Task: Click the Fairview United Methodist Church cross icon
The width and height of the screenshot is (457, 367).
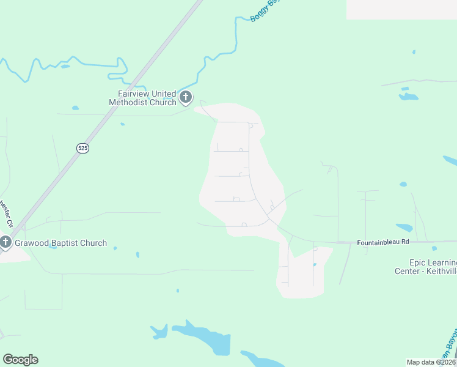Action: tap(186, 97)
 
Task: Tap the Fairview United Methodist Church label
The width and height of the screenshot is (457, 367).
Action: tap(143, 98)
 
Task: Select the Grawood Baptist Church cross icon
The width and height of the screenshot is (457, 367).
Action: tap(5, 243)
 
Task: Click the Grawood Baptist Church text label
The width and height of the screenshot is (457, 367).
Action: tap(60, 243)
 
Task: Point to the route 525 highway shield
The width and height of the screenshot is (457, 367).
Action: tap(83, 148)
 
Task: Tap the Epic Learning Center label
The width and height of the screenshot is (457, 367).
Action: tap(425, 267)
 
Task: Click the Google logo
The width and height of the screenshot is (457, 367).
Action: tap(20, 360)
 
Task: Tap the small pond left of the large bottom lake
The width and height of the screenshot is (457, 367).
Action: tap(159, 332)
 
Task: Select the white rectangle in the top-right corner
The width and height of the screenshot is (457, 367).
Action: tap(401, 9)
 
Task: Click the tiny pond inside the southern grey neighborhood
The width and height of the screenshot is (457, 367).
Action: tap(315, 265)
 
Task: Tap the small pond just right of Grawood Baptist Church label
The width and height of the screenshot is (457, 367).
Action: tap(115, 248)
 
